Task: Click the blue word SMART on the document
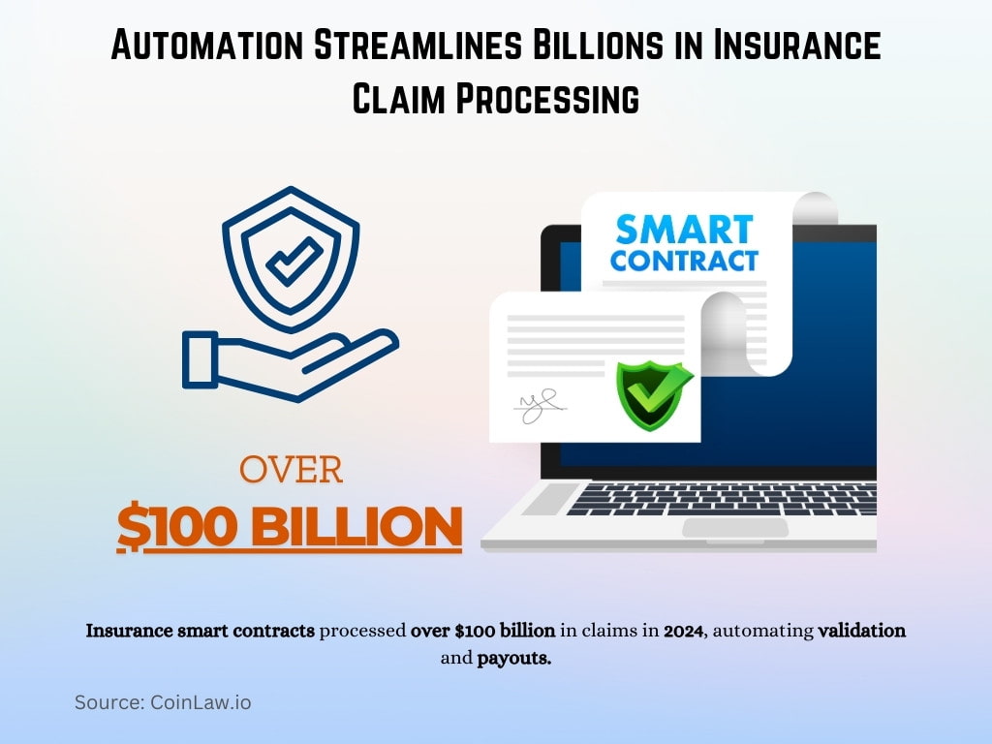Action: (684, 230)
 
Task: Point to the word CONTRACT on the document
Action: (684, 261)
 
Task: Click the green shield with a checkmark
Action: (655, 395)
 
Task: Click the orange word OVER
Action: (291, 470)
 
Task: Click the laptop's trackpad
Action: (734, 528)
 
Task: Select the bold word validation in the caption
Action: (862, 631)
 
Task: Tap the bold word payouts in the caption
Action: (513, 660)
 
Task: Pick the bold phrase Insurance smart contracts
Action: (201, 631)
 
